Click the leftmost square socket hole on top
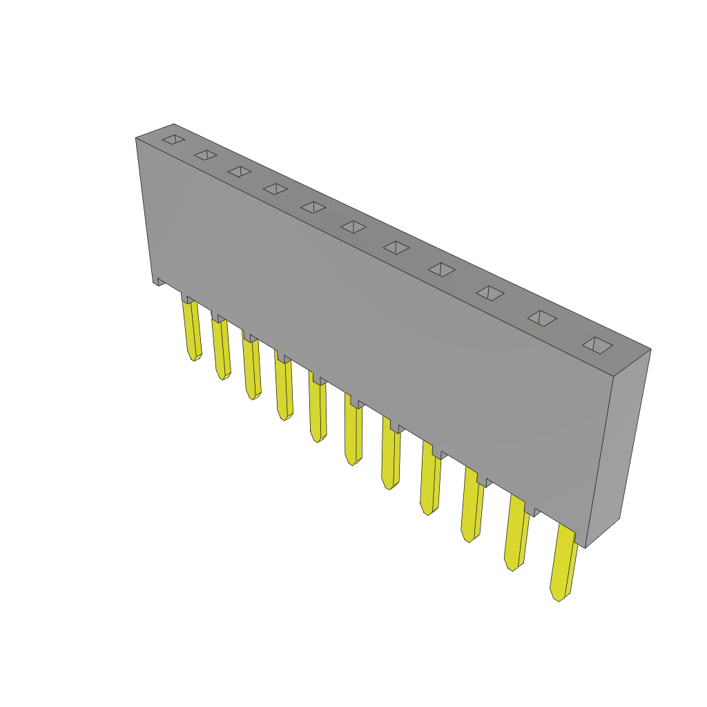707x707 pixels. click(173, 139)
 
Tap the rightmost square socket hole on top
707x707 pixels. click(597, 345)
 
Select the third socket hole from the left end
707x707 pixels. click(240, 171)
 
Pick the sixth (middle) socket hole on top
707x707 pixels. click(353, 226)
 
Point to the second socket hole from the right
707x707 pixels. click(542, 318)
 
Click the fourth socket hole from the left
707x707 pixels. click(275, 188)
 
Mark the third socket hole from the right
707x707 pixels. click(490, 293)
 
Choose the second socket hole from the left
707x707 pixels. click(206, 155)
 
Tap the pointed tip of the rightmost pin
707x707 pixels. click(557, 596)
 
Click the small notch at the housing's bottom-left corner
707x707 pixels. click(158, 281)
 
